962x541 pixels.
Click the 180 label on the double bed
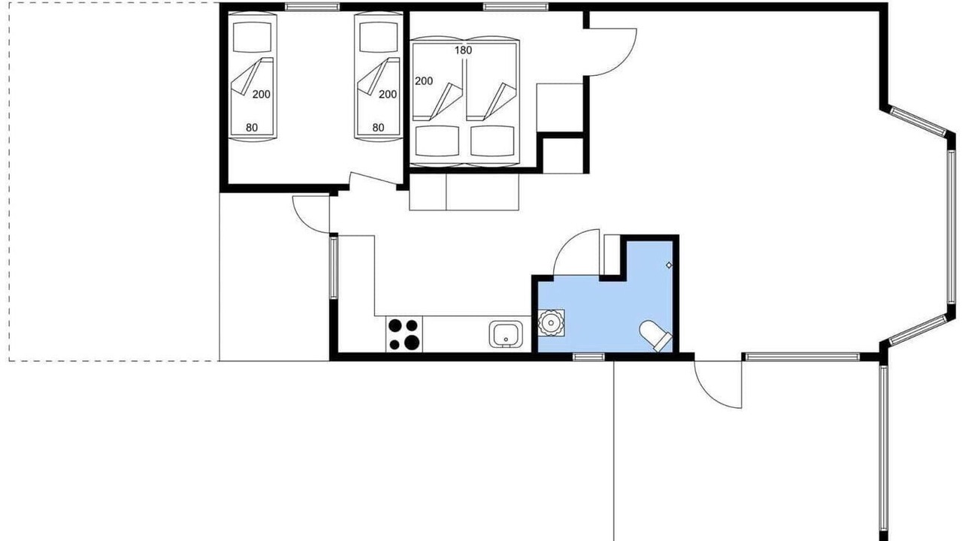click(x=464, y=50)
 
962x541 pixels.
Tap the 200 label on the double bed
click(x=424, y=81)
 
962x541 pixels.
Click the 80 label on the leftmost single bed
click(x=252, y=128)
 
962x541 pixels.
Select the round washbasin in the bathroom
click(x=551, y=322)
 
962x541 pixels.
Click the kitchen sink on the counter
click(x=506, y=334)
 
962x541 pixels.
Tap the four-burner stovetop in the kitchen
click(x=404, y=334)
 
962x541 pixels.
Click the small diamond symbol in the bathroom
click(x=669, y=265)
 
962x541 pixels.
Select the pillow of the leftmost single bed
click(x=252, y=37)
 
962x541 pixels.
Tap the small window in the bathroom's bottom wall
click(x=588, y=357)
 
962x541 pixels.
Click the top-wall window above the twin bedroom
click(x=312, y=7)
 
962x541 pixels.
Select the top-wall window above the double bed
click(x=516, y=7)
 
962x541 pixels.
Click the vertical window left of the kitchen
click(x=334, y=267)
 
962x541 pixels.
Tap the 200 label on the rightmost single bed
click(x=388, y=95)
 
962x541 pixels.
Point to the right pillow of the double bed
click(x=492, y=141)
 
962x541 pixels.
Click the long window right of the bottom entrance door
click(x=802, y=357)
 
